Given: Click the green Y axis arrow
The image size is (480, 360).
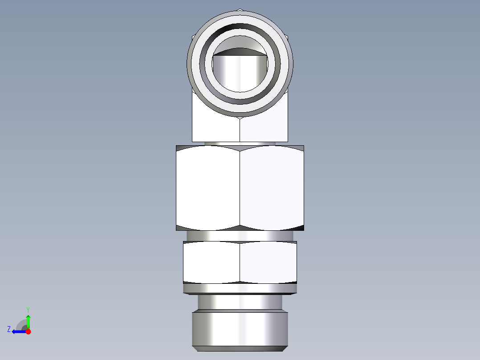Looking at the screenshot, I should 28,321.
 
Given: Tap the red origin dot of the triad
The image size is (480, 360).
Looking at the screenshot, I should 28,331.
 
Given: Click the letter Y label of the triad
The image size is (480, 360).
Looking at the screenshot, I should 28,309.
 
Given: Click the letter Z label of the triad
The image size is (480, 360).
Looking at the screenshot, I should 9,329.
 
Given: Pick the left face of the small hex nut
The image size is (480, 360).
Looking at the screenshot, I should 212,262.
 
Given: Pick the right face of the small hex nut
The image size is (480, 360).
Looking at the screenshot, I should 268,262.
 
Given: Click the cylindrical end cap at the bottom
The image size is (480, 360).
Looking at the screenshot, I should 240,330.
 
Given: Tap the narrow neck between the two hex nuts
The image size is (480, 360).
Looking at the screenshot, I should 240,236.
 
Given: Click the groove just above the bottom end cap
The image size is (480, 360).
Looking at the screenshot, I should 240,302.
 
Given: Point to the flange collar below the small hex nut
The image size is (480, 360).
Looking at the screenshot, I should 240,289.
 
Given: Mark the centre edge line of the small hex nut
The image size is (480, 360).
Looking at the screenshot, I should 240,262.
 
